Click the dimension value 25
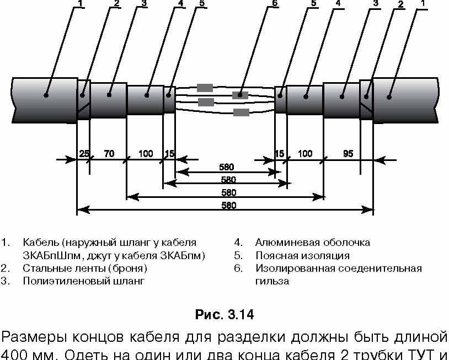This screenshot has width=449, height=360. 84,154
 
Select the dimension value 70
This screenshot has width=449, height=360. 109,154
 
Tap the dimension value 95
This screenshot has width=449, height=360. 348,154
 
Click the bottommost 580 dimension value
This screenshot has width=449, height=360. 229,206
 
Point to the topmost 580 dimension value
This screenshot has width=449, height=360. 227,167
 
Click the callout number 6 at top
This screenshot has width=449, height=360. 275,3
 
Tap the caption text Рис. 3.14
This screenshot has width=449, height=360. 225,314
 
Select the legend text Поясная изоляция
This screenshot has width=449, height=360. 302,256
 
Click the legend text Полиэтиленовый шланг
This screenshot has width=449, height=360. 84,281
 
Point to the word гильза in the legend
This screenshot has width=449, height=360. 272,281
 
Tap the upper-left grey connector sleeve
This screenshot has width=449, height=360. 205,88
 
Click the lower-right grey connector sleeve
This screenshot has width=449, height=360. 242,112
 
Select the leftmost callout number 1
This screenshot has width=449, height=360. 81,3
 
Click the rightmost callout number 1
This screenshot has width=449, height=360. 423,3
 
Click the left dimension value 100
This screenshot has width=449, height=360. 146,154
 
